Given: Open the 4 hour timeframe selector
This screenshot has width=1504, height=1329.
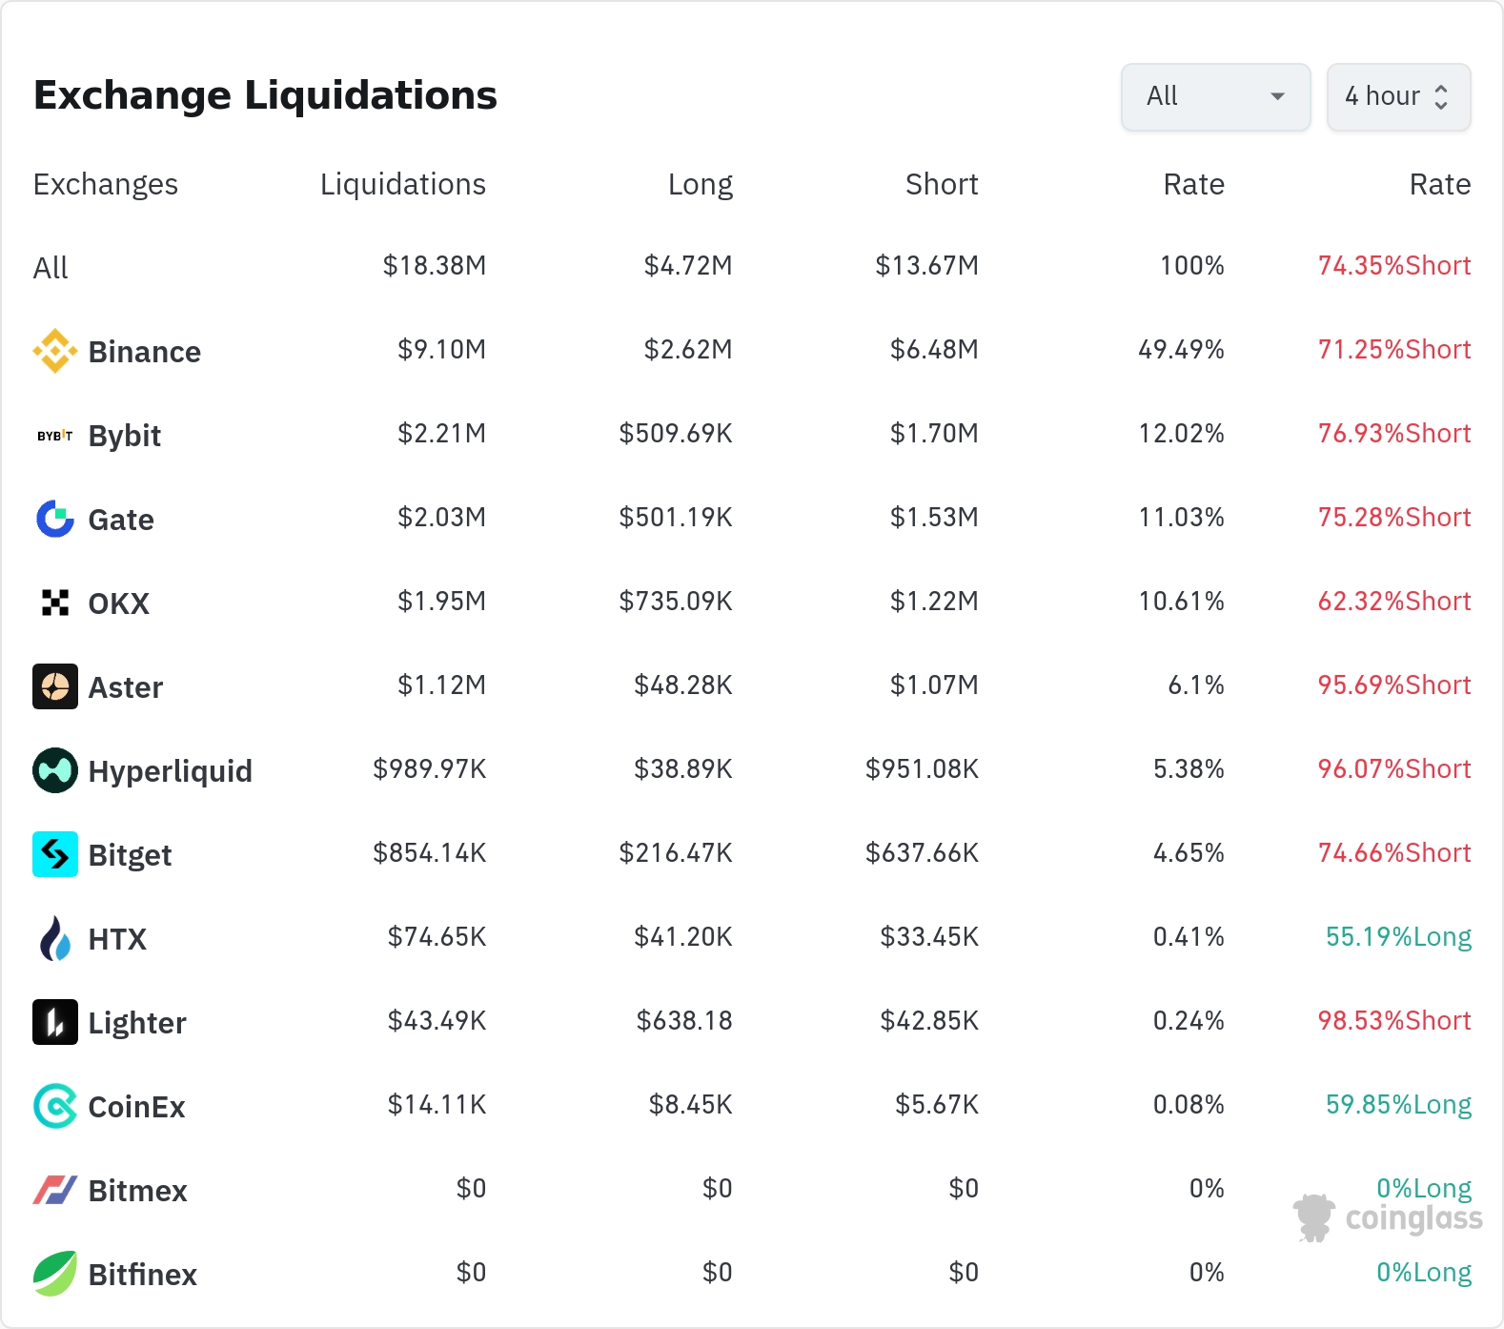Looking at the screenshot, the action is click(1398, 96).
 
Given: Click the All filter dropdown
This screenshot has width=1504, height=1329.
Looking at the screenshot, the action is click(1215, 96).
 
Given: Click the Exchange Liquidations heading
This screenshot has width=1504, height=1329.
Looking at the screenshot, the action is click(265, 95).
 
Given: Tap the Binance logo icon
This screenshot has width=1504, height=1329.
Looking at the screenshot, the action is click(55, 351).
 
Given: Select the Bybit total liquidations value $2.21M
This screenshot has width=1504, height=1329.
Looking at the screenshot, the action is click(441, 434).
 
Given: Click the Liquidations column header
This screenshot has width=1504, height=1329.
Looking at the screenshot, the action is click(402, 184).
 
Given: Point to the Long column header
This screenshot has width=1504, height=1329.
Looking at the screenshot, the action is click(701, 184).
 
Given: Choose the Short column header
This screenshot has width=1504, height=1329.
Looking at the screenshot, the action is click(942, 184).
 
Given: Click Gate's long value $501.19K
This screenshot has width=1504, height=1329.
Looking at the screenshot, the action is click(676, 518).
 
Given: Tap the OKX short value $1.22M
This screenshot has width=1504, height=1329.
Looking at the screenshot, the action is click(934, 602).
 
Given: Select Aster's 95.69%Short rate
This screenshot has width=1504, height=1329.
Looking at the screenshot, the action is click(1394, 685).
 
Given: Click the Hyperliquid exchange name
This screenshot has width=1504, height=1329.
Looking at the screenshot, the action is click(171, 771).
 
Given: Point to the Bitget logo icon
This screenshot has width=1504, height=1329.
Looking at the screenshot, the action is click(55, 854).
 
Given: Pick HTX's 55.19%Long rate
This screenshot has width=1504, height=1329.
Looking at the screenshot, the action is click(1398, 937).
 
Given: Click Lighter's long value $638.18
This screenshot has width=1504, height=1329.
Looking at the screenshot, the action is click(684, 1021).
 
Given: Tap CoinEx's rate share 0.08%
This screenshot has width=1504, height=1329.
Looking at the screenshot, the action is click(1189, 1105).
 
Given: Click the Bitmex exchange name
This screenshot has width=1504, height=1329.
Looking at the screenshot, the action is click(138, 1191).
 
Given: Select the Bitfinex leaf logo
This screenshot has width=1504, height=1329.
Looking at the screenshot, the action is click(55, 1274).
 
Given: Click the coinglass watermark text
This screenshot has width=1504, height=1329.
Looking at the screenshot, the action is click(1414, 1218).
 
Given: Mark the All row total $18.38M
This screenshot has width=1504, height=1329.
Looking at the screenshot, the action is click(435, 266).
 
